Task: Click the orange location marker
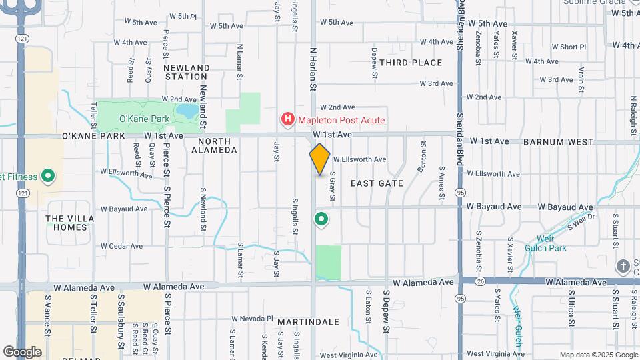pyautogui.click(x=320, y=159)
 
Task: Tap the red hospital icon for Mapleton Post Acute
pyautogui.click(x=288, y=120)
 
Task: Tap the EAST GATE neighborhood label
pyautogui.click(x=377, y=183)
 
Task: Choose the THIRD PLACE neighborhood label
pyautogui.click(x=411, y=63)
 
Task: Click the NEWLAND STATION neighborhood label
pyautogui.click(x=187, y=72)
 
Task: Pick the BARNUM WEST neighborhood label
pyautogui.click(x=558, y=142)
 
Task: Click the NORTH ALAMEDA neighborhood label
pyautogui.click(x=214, y=145)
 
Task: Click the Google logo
pyautogui.click(x=22, y=351)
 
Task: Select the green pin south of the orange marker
pyautogui.click(x=321, y=219)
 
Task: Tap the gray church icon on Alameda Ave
pyautogui.click(x=623, y=267)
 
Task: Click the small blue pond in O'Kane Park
pyautogui.click(x=188, y=109)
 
